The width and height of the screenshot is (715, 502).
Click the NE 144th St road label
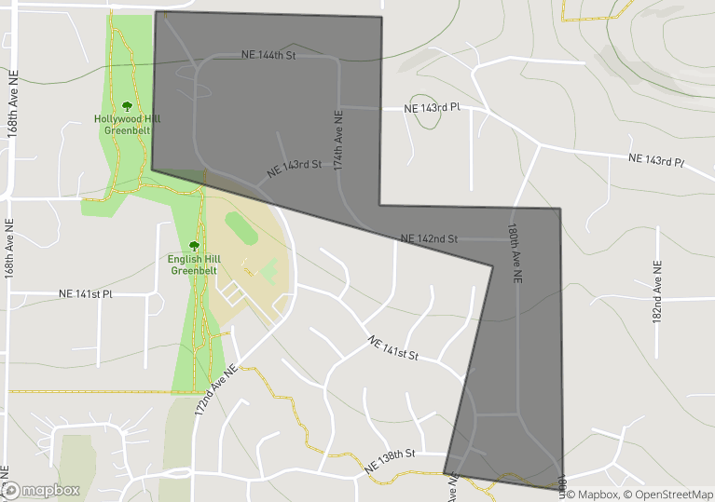click(268, 56)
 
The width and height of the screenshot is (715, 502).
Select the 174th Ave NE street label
click(338, 140)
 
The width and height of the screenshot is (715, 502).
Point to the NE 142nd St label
click(429, 238)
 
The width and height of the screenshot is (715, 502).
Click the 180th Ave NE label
click(514, 252)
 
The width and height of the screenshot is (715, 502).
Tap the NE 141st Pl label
click(85, 293)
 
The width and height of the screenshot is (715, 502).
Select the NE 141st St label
click(393, 347)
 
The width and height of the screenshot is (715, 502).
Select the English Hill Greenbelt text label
click(193, 265)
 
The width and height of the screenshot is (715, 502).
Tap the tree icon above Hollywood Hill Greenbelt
click(127, 106)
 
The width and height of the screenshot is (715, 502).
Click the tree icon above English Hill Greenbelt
click(194, 246)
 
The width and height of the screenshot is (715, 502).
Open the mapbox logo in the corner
click(41, 490)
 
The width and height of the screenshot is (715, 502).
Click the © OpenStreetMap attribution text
click(668, 495)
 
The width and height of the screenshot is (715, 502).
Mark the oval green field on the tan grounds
click(241, 229)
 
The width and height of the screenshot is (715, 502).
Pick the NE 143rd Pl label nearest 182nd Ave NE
click(656, 160)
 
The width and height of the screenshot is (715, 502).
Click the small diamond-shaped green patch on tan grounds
click(268, 272)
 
